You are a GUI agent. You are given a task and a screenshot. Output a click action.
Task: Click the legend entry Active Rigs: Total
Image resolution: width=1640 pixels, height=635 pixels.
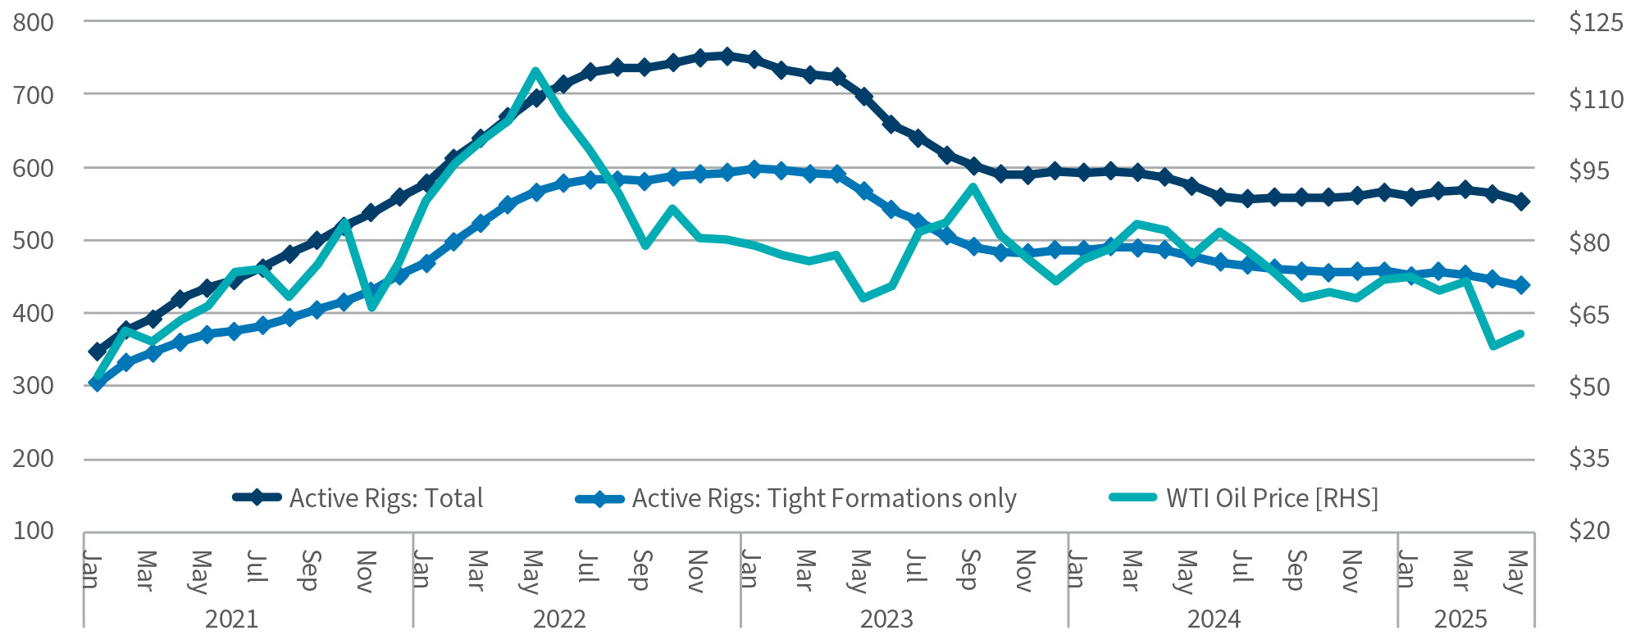(385, 498)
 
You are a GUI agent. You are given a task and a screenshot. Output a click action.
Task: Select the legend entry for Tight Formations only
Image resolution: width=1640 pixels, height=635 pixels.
(823, 498)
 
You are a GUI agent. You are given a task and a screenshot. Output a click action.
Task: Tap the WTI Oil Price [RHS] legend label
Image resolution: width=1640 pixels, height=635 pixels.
(1272, 498)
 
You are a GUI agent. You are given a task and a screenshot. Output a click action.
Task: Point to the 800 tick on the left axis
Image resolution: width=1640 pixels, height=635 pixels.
(34, 22)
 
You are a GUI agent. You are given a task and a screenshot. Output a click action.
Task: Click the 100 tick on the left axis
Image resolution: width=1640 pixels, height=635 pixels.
(34, 531)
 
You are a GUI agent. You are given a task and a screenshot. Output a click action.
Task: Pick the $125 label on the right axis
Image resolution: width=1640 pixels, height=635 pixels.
(1595, 22)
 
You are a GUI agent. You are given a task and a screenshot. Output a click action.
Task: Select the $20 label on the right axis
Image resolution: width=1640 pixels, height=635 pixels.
(1590, 531)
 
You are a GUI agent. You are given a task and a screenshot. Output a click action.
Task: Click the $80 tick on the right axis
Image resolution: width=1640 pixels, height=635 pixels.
(1590, 243)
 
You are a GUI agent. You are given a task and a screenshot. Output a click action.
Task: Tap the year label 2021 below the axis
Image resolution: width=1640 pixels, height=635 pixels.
(231, 619)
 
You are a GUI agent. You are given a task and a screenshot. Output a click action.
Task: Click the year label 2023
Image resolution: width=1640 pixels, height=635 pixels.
(886, 619)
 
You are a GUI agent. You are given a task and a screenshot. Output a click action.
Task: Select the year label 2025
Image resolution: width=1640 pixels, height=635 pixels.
(1460, 619)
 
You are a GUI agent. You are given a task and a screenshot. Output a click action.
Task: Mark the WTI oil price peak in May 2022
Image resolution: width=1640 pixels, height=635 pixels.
(535, 71)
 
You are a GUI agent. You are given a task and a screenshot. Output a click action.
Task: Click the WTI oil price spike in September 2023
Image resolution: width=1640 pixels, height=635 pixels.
(973, 187)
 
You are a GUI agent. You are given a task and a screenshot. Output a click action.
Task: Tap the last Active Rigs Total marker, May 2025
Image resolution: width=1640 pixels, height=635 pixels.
(1521, 202)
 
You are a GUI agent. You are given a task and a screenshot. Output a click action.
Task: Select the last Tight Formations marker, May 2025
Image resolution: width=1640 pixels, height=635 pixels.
(1521, 285)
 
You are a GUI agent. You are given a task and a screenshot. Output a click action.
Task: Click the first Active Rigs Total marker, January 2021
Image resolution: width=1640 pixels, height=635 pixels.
(97, 352)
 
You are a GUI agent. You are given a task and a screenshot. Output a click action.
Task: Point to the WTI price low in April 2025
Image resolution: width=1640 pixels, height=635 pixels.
(1493, 346)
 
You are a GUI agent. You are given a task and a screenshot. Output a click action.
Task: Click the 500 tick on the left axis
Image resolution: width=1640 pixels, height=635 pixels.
(34, 240)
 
